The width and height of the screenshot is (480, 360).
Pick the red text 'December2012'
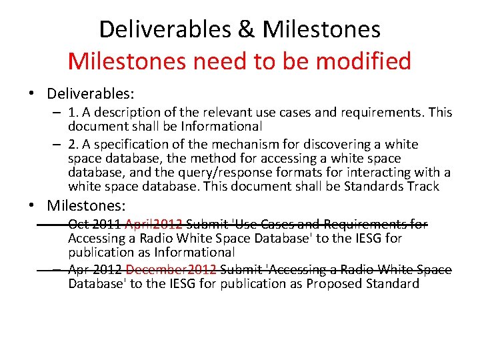click(171, 269)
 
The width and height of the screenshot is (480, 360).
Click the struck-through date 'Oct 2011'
click(94, 225)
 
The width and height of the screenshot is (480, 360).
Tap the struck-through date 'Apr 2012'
click(95, 269)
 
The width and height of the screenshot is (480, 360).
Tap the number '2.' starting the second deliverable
click(73, 145)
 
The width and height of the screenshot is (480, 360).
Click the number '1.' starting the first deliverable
click(73, 113)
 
